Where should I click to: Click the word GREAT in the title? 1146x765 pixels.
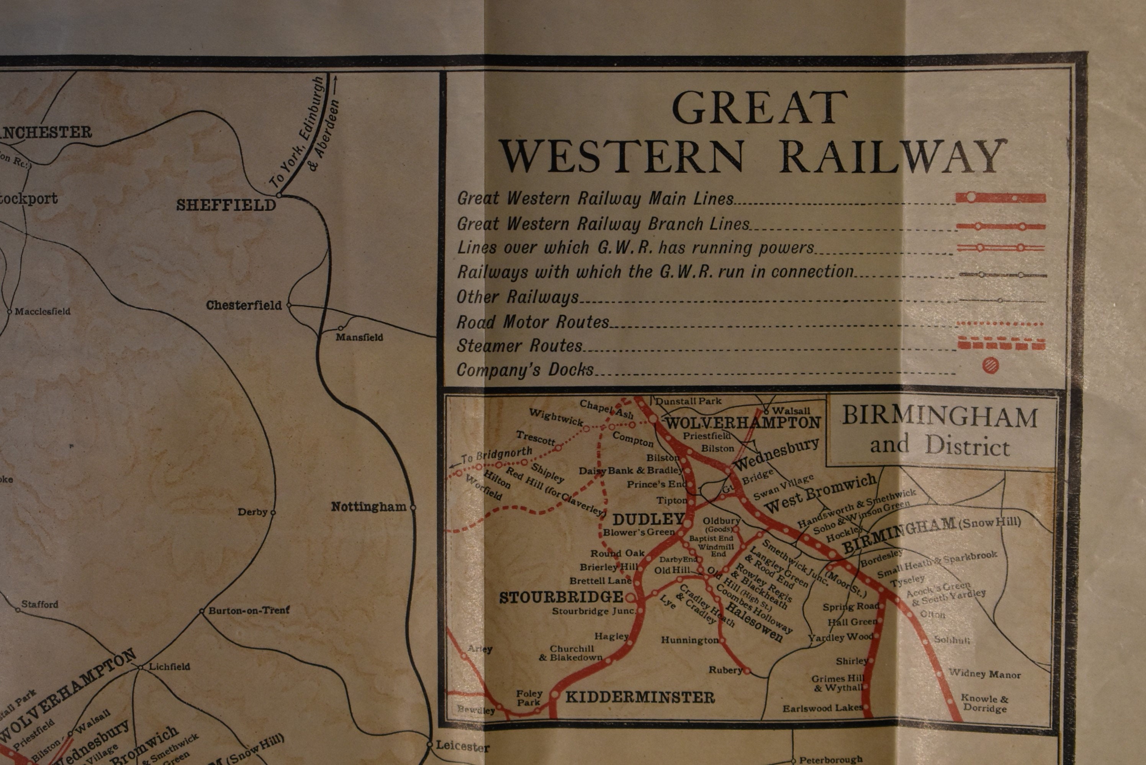[760, 108]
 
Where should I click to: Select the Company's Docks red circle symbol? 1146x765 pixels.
[990, 365]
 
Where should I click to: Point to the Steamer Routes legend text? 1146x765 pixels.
[519, 346]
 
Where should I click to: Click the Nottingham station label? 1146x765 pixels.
[368, 507]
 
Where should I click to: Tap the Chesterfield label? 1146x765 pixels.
[244, 305]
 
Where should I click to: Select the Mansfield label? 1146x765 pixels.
[359, 337]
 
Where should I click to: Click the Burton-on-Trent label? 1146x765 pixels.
[249, 610]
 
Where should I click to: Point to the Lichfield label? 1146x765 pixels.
[169, 666]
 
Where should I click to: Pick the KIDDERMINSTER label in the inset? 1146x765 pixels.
[640, 697]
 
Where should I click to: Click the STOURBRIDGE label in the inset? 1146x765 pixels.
[561, 597]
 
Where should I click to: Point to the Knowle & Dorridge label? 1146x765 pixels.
[984, 703]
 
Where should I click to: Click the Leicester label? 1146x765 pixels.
[462, 746]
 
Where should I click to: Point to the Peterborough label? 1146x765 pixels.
[830, 760]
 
